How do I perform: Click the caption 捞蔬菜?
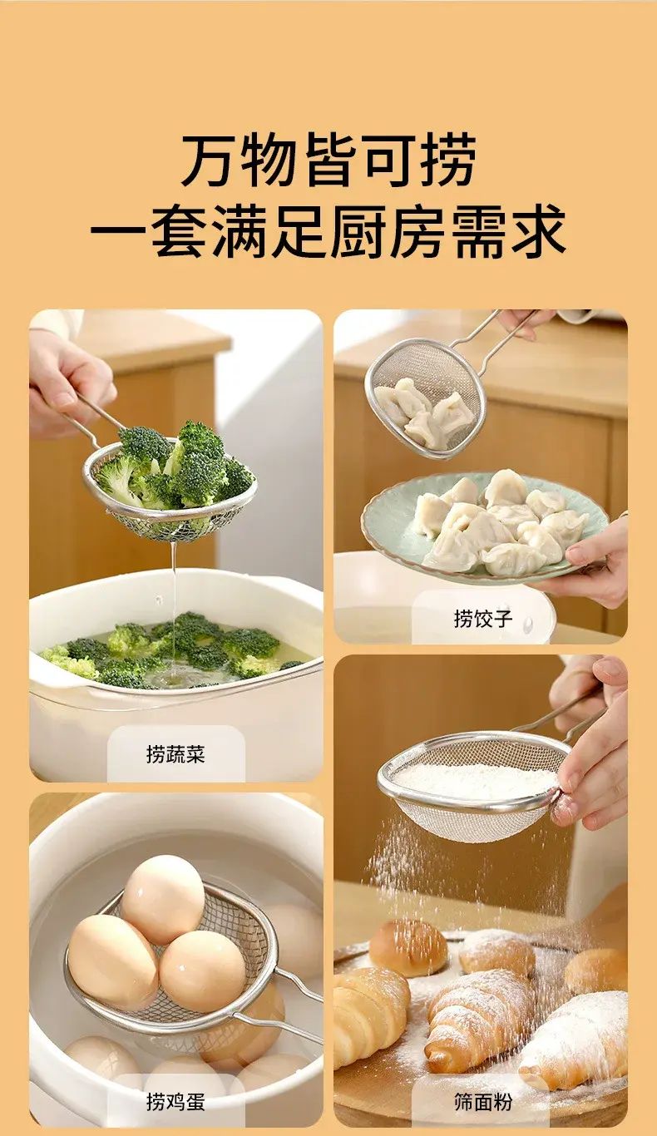175,754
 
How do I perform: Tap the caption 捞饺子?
482,618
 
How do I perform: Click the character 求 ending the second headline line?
538,230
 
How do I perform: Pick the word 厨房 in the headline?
390,230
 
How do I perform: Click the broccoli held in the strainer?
172,467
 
